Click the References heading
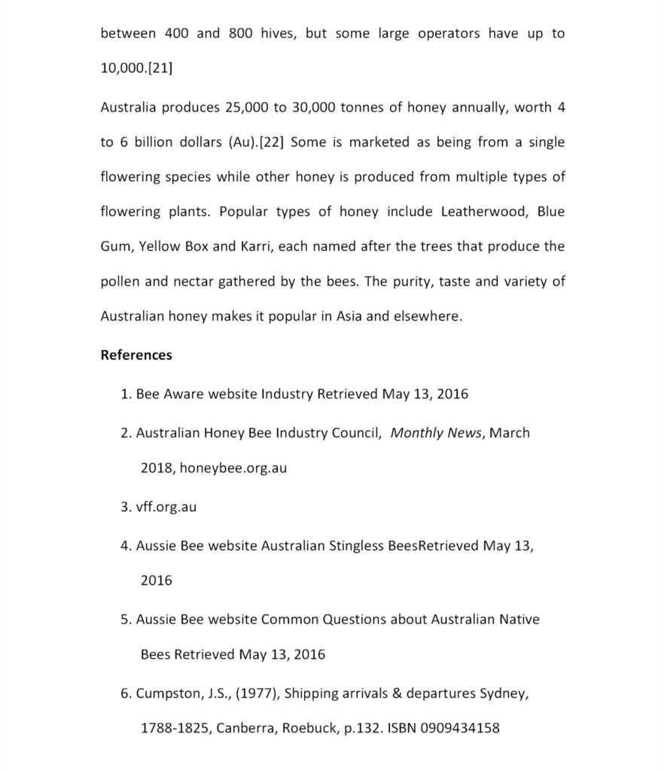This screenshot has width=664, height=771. coord(136,355)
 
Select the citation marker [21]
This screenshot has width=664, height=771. coord(160,69)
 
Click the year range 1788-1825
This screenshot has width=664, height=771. coord(174,728)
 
